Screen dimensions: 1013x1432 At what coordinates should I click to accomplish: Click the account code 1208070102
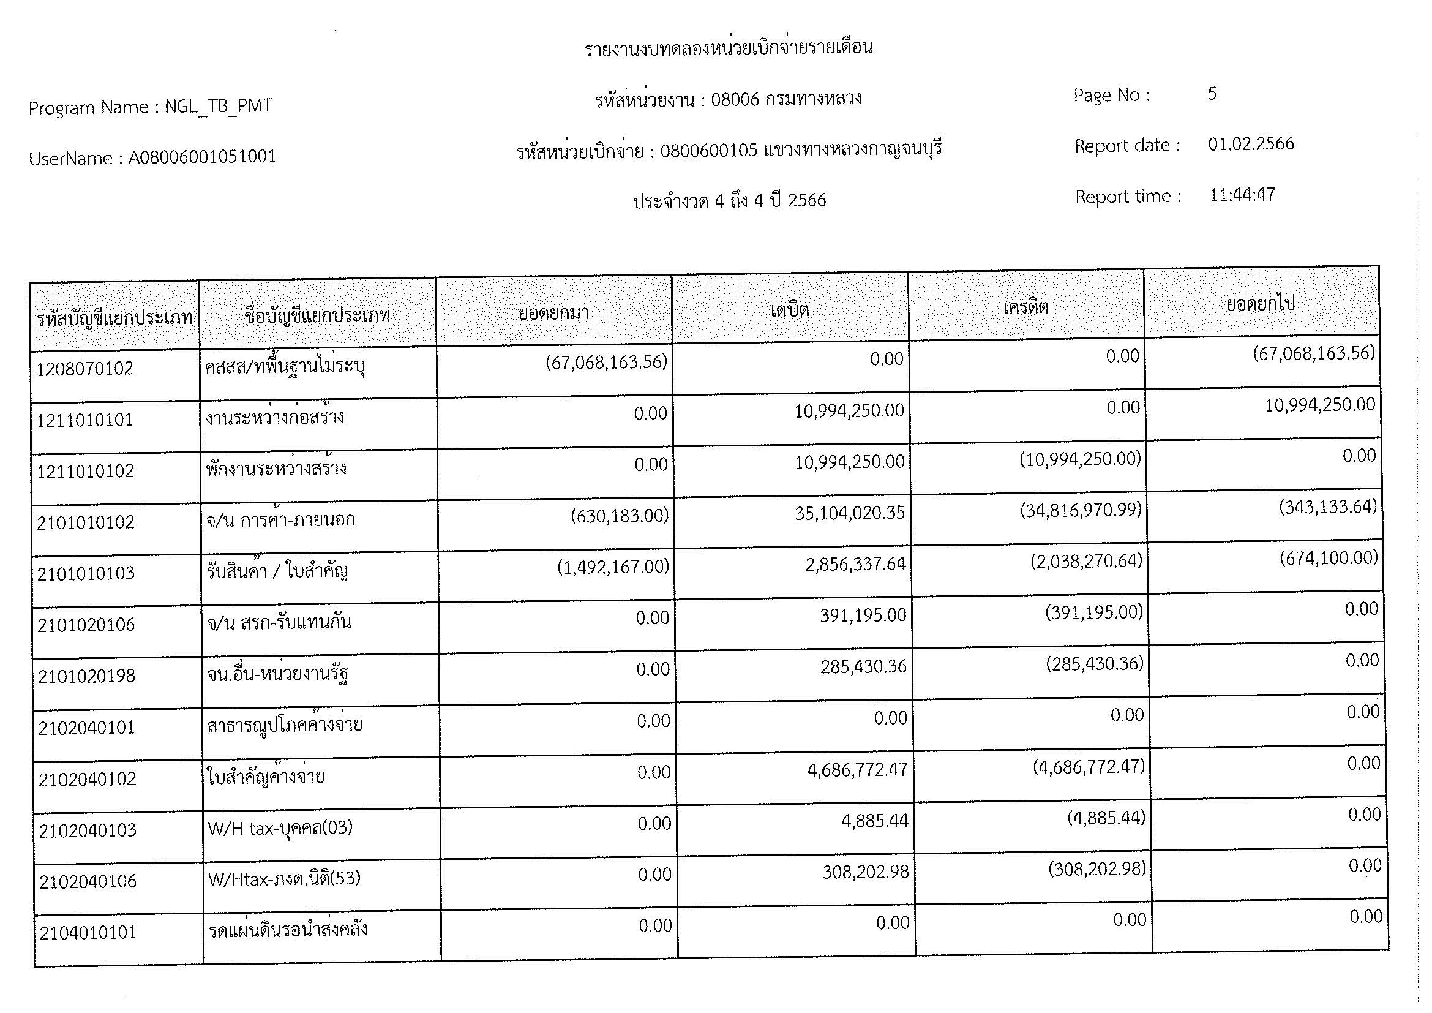click(x=85, y=369)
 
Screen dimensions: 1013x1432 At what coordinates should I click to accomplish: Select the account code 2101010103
click(x=86, y=573)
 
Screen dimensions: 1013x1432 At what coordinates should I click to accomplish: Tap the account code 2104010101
click(x=88, y=933)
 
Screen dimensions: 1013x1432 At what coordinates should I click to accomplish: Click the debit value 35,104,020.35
click(x=850, y=513)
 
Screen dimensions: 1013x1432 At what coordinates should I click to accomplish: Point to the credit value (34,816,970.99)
click(x=1081, y=510)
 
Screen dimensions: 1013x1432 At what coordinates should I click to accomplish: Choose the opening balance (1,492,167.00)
click(x=612, y=567)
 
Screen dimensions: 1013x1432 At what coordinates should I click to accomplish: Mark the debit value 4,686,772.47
click(x=858, y=770)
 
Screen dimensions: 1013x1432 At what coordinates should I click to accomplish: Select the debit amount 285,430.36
click(x=863, y=667)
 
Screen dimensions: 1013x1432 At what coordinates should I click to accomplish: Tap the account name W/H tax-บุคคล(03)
click(x=280, y=828)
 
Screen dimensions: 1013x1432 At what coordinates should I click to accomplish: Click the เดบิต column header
click(x=790, y=309)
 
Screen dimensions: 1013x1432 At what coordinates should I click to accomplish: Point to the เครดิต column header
click(x=1025, y=307)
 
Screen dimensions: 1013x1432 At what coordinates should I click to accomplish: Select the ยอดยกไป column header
click(x=1261, y=304)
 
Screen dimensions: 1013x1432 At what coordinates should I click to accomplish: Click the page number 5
click(x=1212, y=94)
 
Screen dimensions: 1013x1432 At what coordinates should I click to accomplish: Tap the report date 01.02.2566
click(x=1251, y=144)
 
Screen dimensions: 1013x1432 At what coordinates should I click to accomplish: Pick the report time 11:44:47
click(x=1242, y=195)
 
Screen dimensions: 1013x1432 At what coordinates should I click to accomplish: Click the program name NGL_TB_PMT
click(x=219, y=106)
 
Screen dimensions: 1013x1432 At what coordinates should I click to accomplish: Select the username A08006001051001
click(x=202, y=157)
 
